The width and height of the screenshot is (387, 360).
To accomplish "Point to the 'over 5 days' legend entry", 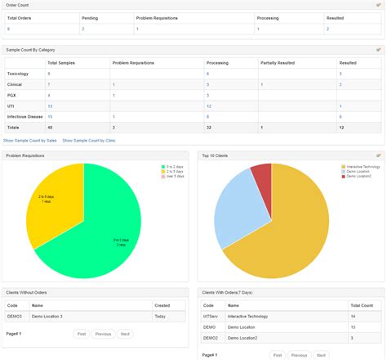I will [175, 176].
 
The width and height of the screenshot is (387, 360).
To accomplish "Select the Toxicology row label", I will [18, 74].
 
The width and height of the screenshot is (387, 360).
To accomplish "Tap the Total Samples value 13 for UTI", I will [50, 106].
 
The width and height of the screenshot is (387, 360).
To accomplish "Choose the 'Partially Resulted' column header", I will [277, 62].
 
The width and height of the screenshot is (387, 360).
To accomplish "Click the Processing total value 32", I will [209, 127].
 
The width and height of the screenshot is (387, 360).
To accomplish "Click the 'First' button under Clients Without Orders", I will [82, 334].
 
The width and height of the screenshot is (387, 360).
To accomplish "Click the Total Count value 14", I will [352, 315].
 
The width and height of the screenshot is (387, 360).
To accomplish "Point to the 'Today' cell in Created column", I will [160, 315].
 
